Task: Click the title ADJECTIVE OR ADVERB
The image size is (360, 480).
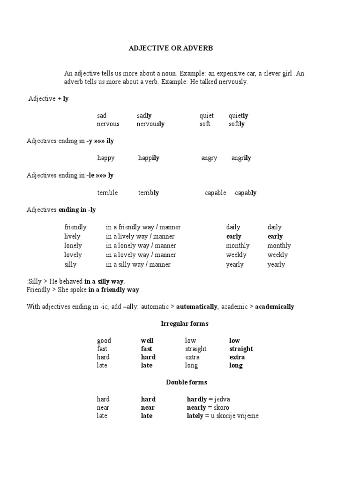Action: (x=168, y=48)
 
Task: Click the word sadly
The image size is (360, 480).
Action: (x=144, y=116)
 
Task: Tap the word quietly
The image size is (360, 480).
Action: (x=238, y=116)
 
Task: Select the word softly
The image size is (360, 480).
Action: (x=236, y=124)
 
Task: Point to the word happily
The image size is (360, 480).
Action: (x=149, y=158)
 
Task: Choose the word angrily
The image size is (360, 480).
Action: (x=241, y=158)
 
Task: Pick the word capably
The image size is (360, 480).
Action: (x=245, y=193)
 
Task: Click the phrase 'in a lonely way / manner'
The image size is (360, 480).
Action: (x=141, y=246)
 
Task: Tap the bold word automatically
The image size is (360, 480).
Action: (x=197, y=307)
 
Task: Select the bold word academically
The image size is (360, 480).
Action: (x=274, y=307)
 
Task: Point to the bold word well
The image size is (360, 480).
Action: (x=147, y=341)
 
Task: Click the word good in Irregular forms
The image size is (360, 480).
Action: (x=104, y=341)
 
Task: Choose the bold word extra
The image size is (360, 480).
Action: (x=237, y=357)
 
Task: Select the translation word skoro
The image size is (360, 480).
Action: (x=224, y=408)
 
